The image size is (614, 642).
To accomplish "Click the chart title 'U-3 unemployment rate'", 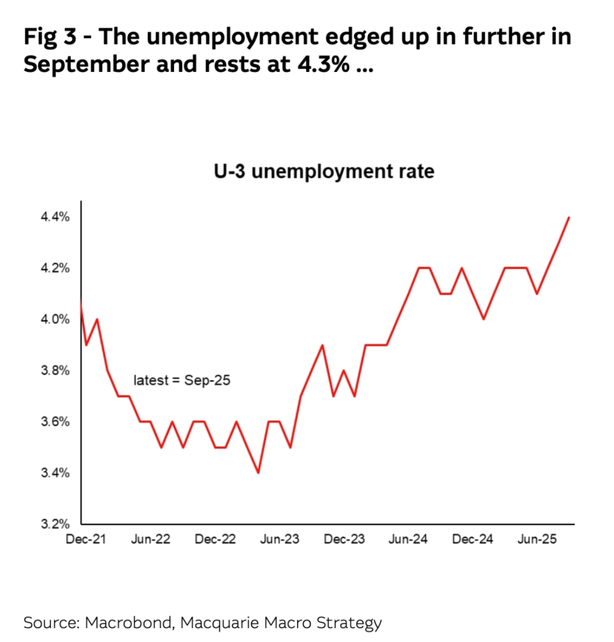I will [x=324, y=171].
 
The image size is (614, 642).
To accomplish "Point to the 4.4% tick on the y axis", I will [x=55, y=217].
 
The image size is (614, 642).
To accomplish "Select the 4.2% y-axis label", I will [x=55, y=268].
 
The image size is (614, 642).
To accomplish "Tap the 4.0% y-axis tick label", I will [x=55, y=319].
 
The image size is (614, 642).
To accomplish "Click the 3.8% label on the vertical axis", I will [x=55, y=370].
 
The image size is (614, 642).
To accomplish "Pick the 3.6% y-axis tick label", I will [x=55, y=422].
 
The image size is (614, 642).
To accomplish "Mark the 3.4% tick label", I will [x=55, y=473].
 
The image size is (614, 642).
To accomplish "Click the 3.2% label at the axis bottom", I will [x=55, y=524].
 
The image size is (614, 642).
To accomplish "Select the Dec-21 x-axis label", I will [x=86, y=539].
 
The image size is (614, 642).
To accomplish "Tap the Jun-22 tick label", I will [x=150, y=539].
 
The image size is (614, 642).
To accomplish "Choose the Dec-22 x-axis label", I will [x=215, y=539].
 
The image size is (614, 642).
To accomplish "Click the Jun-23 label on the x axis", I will [x=280, y=539].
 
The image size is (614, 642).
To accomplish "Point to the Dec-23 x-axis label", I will [x=344, y=539].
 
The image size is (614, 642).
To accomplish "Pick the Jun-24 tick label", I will [x=408, y=539].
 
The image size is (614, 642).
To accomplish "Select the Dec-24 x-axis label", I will [x=473, y=539].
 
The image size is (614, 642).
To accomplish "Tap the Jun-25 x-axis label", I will [x=537, y=539].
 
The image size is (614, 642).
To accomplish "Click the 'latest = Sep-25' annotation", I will [x=182, y=380].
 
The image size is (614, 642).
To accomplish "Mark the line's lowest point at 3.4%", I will [x=258, y=473].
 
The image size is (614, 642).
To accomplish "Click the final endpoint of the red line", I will [x=569, y=218].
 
